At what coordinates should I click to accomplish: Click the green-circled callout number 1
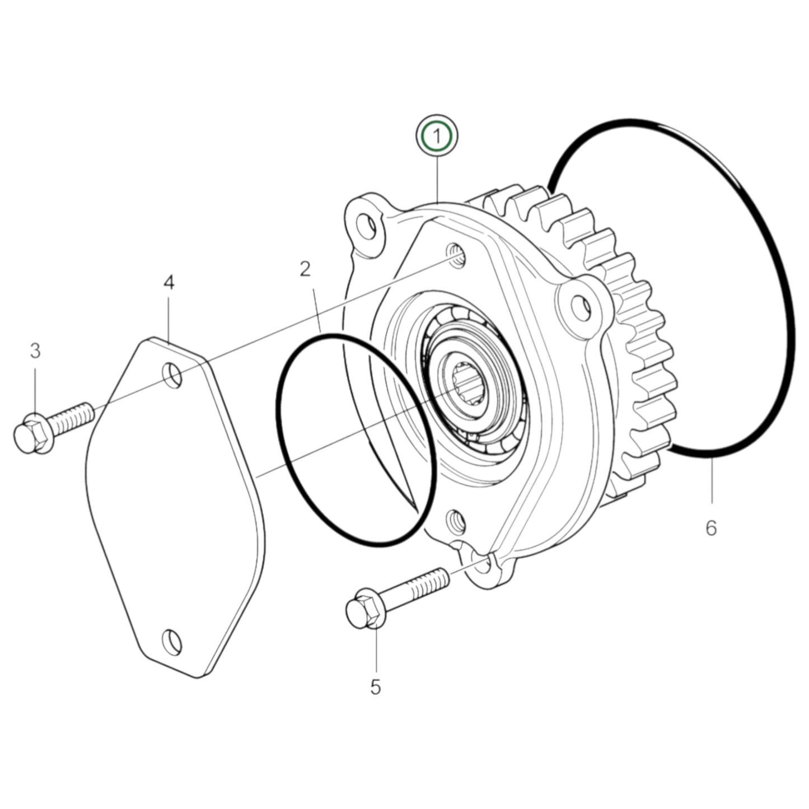(x=437, y=135)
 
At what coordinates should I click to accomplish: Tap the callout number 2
(x=305, y=270)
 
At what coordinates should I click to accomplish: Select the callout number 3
(x=35, y=351)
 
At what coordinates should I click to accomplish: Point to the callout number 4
(x=169, y=283)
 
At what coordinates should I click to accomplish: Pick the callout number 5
(x=375, y=686)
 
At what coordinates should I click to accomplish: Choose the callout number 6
(x=710, y=527)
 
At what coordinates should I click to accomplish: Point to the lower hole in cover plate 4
(x=171, y=639)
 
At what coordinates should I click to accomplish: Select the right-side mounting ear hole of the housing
(x=581, y=304)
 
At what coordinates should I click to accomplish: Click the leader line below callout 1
(x=437, y=179)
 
